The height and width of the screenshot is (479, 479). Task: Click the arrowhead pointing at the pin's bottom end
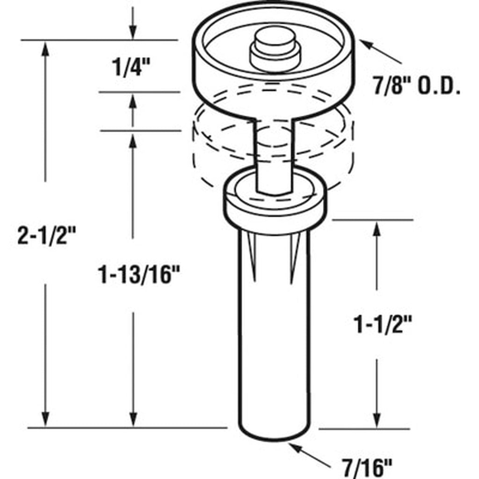click(x=294, y=447)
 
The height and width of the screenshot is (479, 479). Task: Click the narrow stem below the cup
click(x=274, y=154)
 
